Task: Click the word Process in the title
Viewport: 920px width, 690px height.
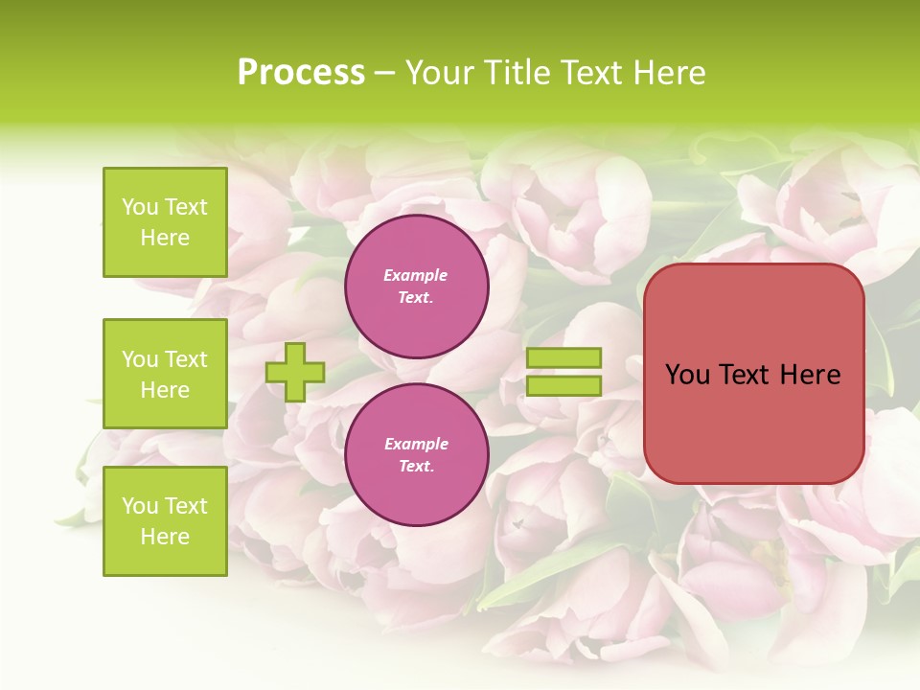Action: [301, 73]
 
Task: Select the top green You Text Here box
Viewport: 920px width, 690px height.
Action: [165, 222]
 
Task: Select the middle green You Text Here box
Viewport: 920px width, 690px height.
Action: [165, 374]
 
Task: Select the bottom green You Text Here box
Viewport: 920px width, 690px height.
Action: [165, 521]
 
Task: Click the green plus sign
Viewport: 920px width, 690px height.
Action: [295, 372]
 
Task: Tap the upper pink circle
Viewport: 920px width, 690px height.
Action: [417, 287]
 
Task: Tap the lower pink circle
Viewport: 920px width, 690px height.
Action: [417, 455]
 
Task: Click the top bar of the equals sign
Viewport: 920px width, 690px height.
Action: [563, 358]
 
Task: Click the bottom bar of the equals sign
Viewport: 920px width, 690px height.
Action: [563, 385]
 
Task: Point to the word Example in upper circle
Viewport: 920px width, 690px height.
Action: [416, 275]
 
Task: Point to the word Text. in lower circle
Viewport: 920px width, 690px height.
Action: [416, 467]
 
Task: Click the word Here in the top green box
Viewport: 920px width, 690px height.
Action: [165, 238]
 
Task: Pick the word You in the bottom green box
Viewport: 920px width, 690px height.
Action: [140, 506]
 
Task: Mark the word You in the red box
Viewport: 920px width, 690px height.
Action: [687, 375]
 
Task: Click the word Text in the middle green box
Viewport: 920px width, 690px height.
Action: [186, 359]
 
